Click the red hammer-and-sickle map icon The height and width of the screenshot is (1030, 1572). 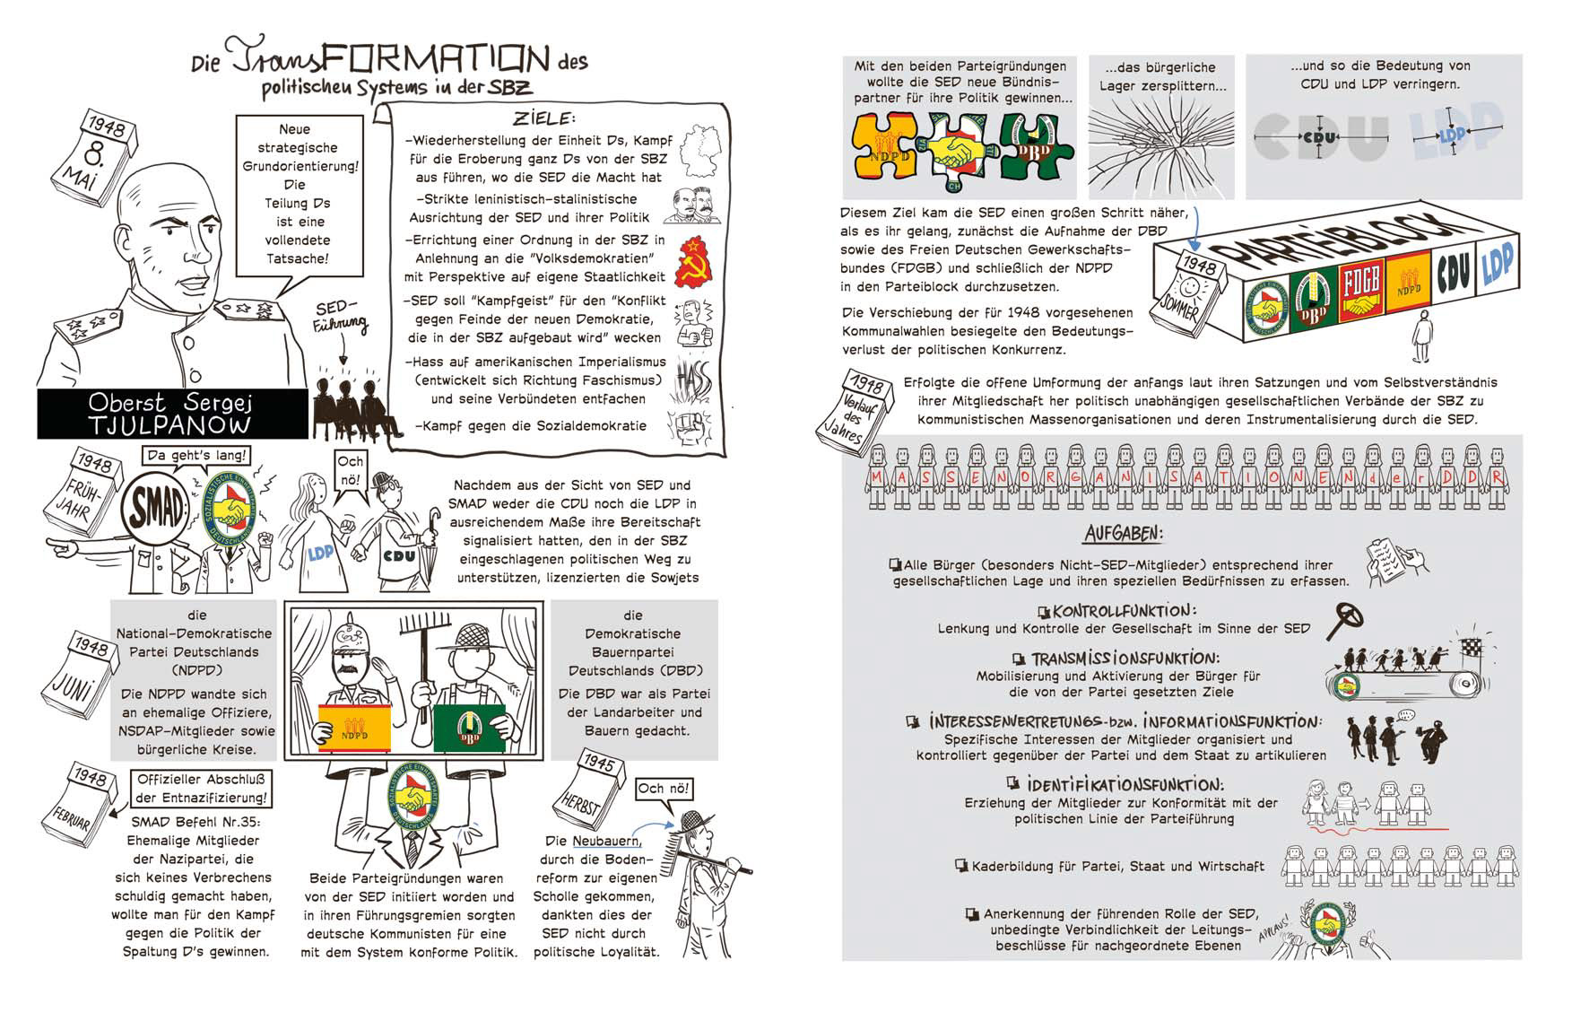[x=692, y=262]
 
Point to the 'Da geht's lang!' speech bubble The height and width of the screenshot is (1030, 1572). [x=195, y=456]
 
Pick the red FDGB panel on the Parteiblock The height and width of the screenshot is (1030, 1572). [x=1362, y=289]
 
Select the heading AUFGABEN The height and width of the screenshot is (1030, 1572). [x=1124, y=534]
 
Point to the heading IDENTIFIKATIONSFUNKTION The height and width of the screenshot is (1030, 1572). [x=1125, y=784]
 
